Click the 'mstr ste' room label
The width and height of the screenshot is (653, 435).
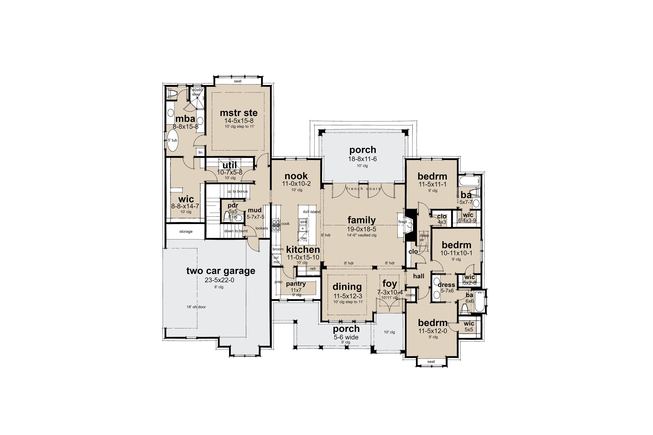click(239, 113)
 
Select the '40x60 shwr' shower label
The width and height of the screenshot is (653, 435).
click(197, 92)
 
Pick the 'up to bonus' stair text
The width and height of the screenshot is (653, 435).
click(237, 191)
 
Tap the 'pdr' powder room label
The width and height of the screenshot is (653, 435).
click(233, 206)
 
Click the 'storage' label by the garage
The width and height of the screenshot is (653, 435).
click(186, 231)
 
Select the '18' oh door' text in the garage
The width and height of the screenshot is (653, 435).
click(196, 307)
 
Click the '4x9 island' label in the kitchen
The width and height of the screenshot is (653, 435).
click(311, 212)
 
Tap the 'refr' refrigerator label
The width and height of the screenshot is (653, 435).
click(313, 269)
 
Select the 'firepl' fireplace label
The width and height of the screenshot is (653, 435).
click(402, 222)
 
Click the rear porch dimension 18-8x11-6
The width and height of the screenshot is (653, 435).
click(362, 159)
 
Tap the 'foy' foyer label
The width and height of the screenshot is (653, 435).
click(390, 284)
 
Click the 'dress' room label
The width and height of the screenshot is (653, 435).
click(446, 285)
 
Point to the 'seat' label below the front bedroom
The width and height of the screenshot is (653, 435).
click(431, 361)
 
